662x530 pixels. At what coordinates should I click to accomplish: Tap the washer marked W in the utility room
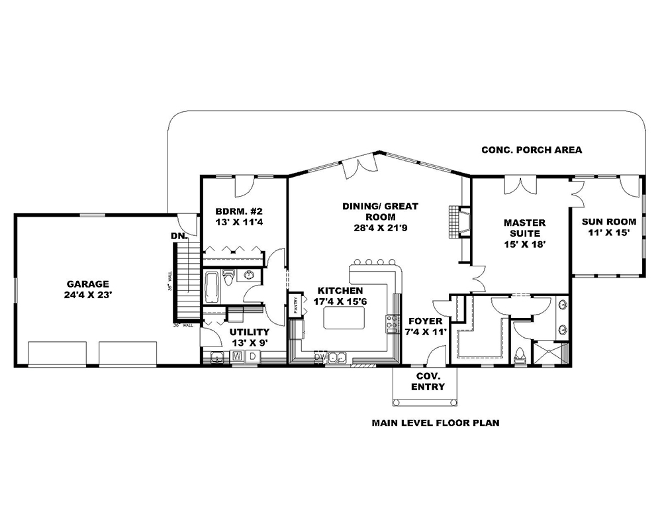237,356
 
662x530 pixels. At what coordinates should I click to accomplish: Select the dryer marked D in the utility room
252,356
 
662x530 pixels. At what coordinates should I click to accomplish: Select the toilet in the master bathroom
520,356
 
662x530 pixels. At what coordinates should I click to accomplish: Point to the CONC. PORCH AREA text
532,150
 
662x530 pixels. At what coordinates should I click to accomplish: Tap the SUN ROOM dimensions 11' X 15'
608,233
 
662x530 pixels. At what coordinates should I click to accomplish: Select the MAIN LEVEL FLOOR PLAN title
435,422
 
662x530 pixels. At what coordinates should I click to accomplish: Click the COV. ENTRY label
428,382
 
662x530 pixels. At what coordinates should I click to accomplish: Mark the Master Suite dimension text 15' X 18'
522,244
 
